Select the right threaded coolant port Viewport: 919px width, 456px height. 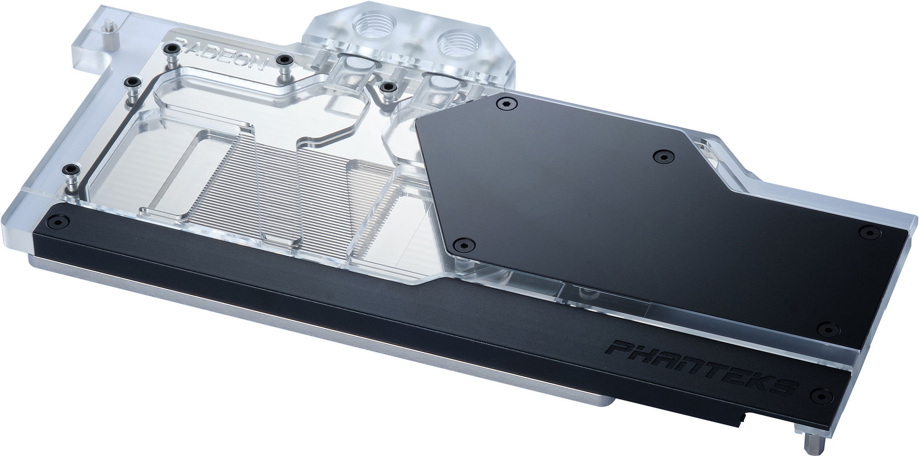[x=455, y=44]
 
